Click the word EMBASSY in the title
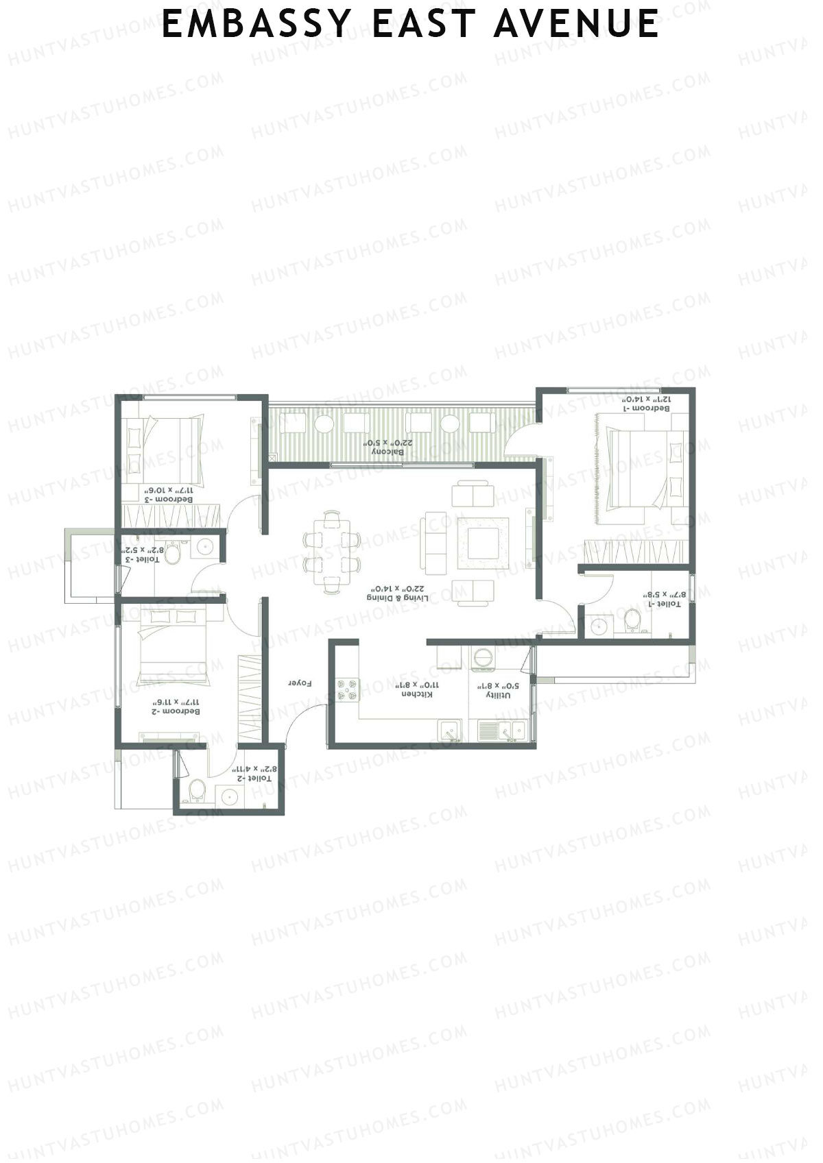click(257, 25)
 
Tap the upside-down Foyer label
click(300, 683)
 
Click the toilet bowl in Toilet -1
click(632, 622)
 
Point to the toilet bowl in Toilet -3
click(173, 554)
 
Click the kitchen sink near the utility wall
click(449, 731)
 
